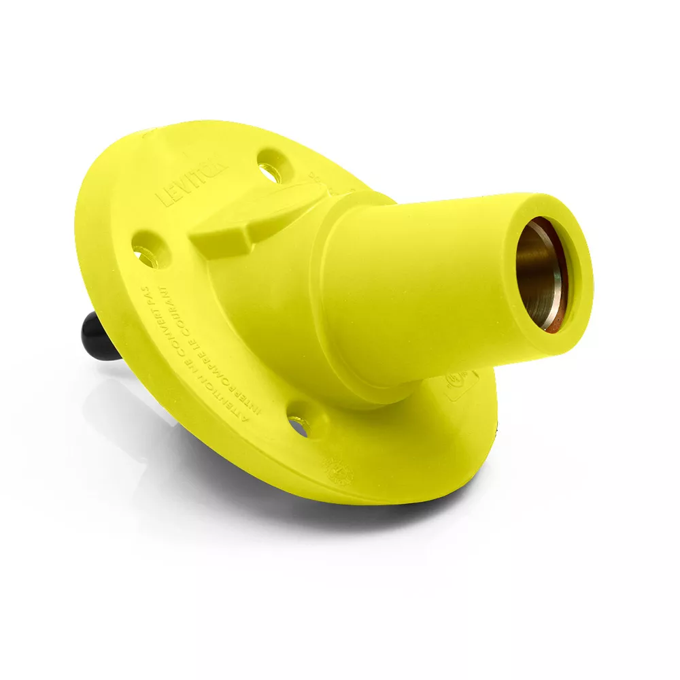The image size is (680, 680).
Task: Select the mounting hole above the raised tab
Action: (271, 165)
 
